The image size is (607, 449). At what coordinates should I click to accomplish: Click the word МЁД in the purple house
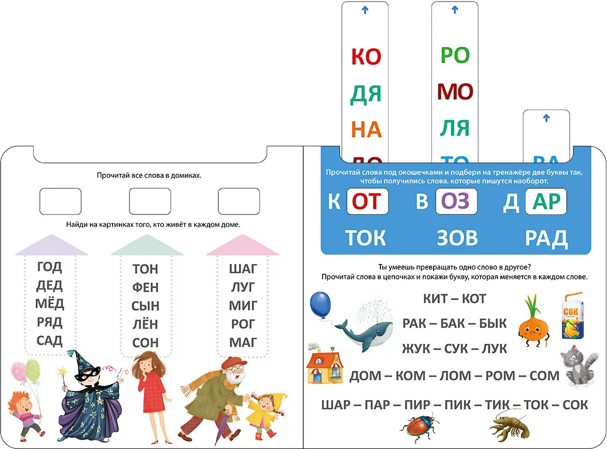tap(50, 303)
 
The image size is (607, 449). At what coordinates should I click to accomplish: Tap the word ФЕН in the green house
tap(146, 287)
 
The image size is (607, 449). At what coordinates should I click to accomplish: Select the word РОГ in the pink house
tap(243, 324)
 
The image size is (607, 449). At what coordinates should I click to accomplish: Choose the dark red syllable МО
tap(455, 92)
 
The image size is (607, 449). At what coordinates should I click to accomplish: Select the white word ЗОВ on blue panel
tap(457, 238)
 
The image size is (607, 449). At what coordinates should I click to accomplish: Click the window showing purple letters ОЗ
tap(456, 202)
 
